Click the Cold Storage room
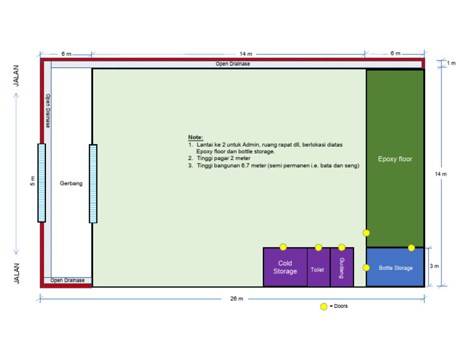click(285, 267)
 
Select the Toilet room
click(317, 269)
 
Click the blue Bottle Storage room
click(395, 268)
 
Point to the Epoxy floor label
click(395, 159)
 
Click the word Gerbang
click(71, 182)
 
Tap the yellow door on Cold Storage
click(283, 247)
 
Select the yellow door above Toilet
click(318, 247)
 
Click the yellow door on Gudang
click(341, 247)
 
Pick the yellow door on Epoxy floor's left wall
click(366, 233)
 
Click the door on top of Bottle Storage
click(411, 248)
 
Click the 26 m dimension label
click(236, 299)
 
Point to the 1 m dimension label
click(452, 64)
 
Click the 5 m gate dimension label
click(33, 182)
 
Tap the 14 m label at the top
click(228, 54)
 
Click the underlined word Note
click(196, 138)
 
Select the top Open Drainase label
click(233, 64)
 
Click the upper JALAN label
click(17, 76)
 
